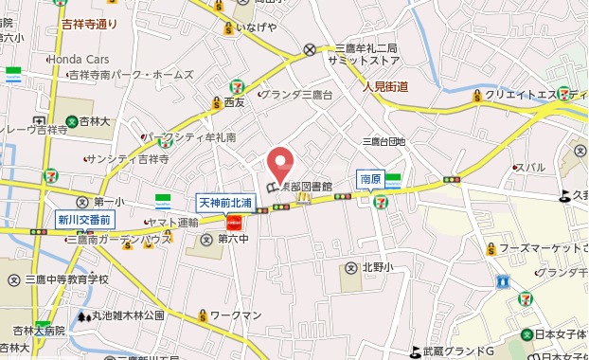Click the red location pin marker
point(279,162)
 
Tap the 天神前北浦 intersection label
point(224,203)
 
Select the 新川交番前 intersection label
point(84,220)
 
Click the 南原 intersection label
point(369,178)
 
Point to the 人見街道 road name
point(385,87)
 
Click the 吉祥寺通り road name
point(89,23)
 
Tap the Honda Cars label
point(79,59)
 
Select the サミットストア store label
point(362,60)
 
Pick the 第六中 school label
point(232,239)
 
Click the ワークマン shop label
point(235,314)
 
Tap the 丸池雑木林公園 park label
point(128,315)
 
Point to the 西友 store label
point(235,101)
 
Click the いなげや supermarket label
point(256,27)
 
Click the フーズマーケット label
point(536,248)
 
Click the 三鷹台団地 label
point(384,141)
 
